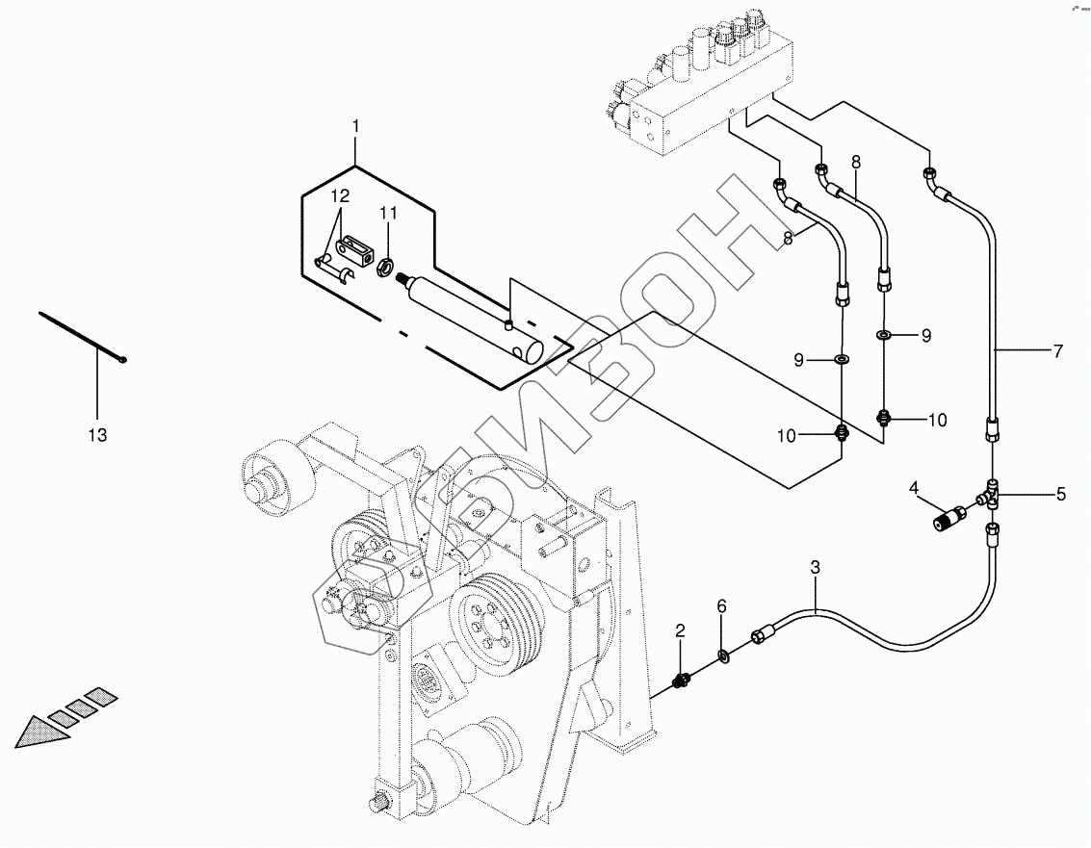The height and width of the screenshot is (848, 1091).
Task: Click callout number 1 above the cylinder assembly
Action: (x=355, y=126)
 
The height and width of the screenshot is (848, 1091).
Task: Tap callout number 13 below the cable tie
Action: (x=97, y=435)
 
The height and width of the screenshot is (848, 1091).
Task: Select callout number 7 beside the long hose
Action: (x=1057, y=351)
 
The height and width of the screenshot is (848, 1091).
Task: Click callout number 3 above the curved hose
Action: (x=815, y=568)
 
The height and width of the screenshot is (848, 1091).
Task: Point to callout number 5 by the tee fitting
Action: (x=1061, y=495)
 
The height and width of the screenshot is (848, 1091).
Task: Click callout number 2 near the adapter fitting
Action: (x=680, y=631)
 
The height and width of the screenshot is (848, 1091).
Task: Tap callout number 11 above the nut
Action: (x=386, y=213)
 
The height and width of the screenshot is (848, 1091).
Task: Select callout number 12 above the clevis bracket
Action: (x=340, y=196)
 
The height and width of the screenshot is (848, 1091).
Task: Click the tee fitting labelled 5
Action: (x=992, y=494)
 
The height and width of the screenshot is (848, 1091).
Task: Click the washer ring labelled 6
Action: (x=722, y=657)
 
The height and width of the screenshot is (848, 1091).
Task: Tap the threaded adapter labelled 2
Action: (x=681, y=682)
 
